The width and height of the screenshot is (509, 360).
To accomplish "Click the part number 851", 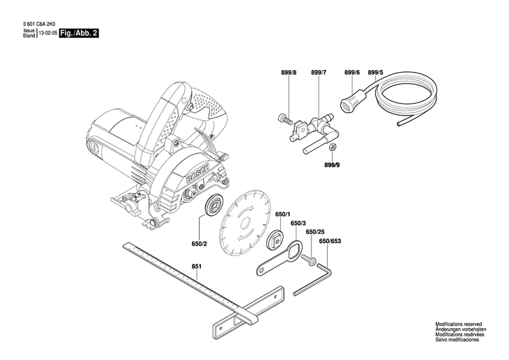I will point(196,267).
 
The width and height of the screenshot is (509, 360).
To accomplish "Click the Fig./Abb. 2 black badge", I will point(79,33).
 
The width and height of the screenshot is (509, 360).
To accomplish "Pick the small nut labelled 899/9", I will point(332,148).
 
